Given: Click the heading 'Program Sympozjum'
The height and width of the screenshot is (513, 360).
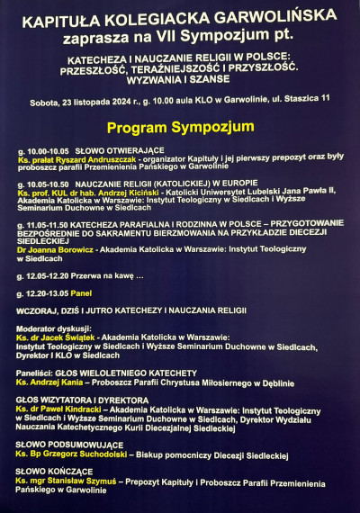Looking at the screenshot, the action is click(x=180, y=127).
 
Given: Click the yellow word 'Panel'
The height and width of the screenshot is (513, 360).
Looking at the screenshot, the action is click(x=83, y=292).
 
